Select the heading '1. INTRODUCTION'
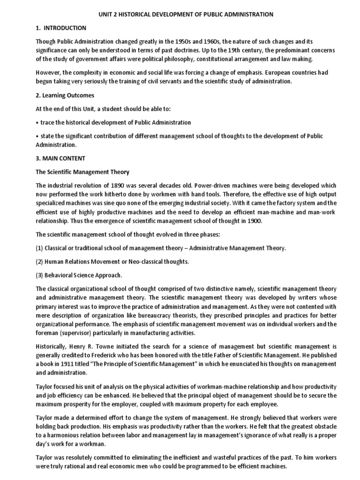(x=61, y=28)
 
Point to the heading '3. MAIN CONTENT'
(x=61, y=158)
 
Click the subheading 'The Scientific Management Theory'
(x=82, y=172)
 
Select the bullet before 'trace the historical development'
(x=37, y=122)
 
